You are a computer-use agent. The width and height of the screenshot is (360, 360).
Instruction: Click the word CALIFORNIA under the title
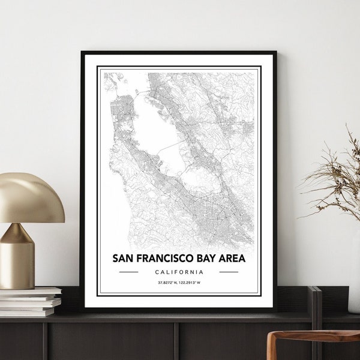tap(179, 272)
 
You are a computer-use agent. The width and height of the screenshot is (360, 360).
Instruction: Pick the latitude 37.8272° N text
tap(167, 282)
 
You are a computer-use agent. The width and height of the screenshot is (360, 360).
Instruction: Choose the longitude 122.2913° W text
tap(191, 282)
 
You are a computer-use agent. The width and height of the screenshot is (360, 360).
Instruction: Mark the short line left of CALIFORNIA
tap(129, 272)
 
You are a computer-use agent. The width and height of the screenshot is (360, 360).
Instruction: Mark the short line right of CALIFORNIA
tap(229, 272)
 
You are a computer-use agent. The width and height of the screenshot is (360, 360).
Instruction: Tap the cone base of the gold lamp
tap(17, 258)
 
